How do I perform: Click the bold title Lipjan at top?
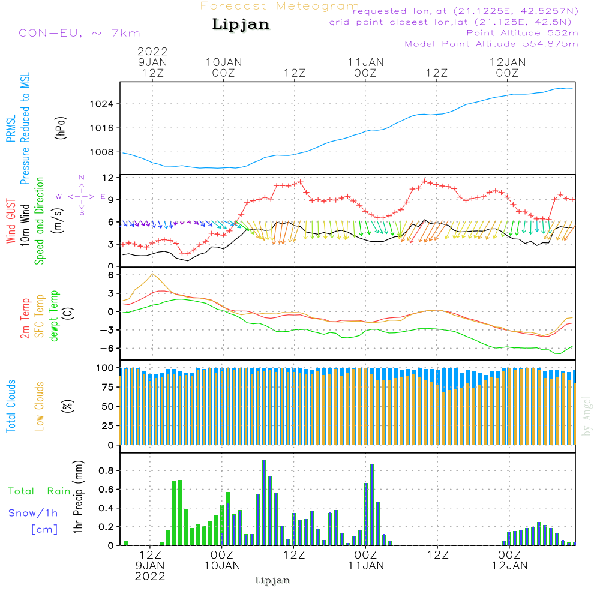pos(241,25)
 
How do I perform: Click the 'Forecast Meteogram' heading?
pos(280,7)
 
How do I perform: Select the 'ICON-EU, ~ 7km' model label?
pos(77,33)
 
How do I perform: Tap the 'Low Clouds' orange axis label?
pos(40,406)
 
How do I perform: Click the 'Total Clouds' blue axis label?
pos(11,406)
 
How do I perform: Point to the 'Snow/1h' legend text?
pos(33,513)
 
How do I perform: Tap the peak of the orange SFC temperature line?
pos(153,274)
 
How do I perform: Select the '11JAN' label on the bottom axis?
pos(365,566)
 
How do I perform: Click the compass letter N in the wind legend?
pos(82,178)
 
